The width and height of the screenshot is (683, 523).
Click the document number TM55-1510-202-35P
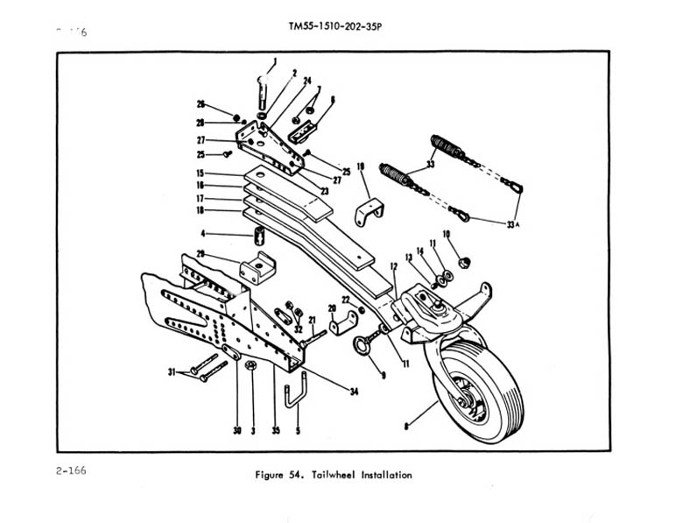[335, 25]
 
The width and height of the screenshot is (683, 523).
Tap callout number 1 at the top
[273, 61]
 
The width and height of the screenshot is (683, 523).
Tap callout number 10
[446, 235]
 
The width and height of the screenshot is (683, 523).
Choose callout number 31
[173, 371]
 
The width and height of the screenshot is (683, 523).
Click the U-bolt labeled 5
[294, 392]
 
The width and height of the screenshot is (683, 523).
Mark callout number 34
[354, 392]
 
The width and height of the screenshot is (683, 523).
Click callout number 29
[201, 254]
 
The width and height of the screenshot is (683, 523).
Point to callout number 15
[201, 173]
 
